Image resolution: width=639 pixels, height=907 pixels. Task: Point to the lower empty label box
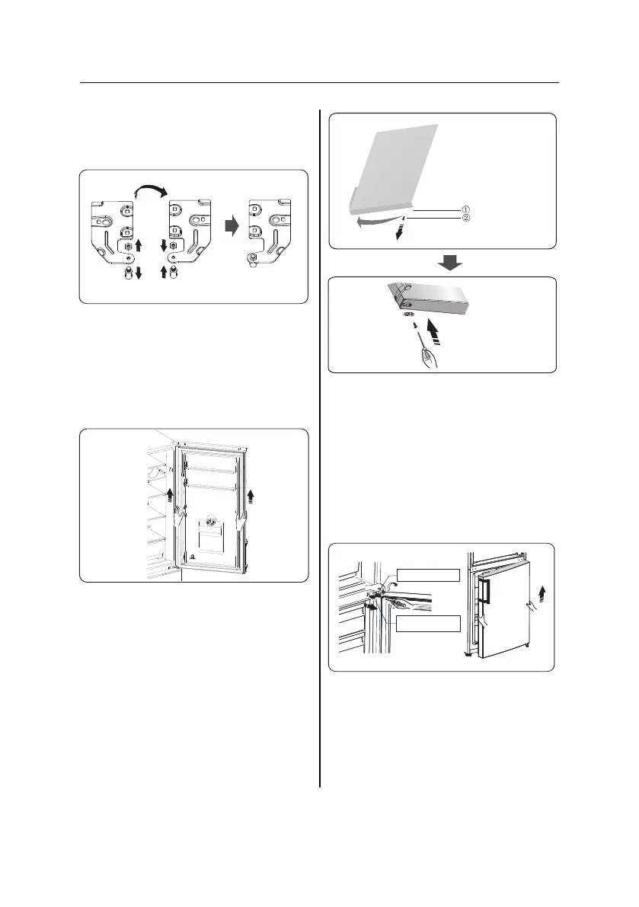pyautogui.click(x=428, y=622)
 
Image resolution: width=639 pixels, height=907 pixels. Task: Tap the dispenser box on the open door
pyautogui.click(x=210, y=536)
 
